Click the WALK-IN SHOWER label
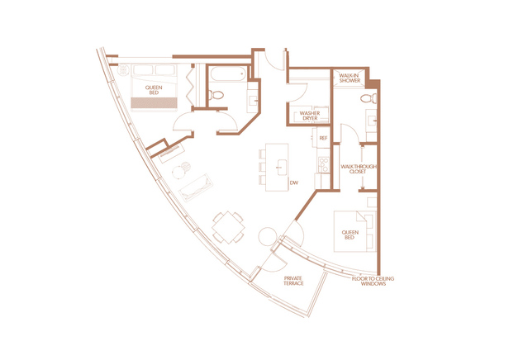coord(350,78)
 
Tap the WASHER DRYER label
coord(310,116)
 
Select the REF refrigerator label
coord(323,138)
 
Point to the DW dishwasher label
coord(294,182)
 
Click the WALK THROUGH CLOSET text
coord(359,169)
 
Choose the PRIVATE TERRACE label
coord(293,281)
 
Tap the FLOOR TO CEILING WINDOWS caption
coord(373,282)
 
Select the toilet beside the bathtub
coord(216,95)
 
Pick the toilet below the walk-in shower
coord(369,98)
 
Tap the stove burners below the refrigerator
coord(324,165)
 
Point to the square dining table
coord(228,227)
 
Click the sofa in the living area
coord(196,187)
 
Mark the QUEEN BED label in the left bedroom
coord(154,90)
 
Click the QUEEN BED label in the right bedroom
coord(350,234)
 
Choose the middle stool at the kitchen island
coord(262,167)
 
